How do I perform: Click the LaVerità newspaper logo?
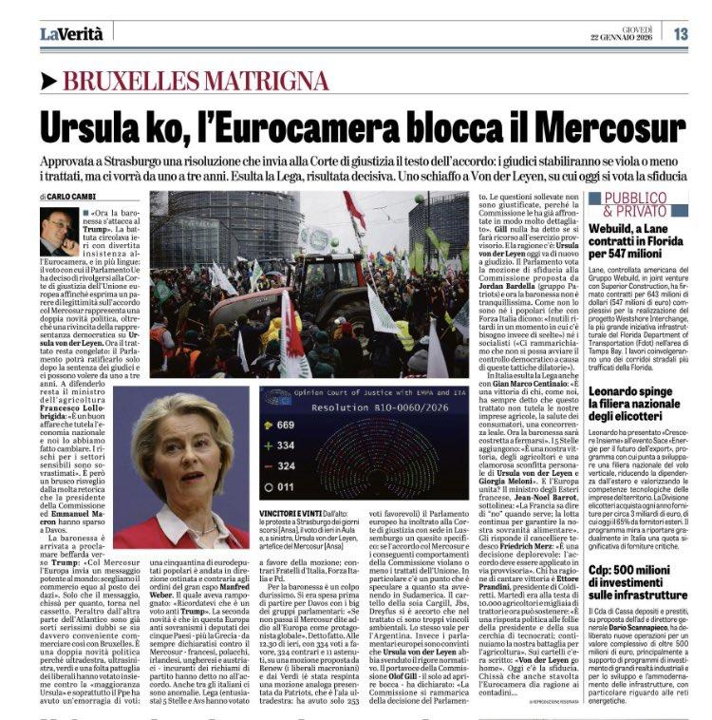coord(70,33)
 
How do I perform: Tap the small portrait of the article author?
coord(59,232)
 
